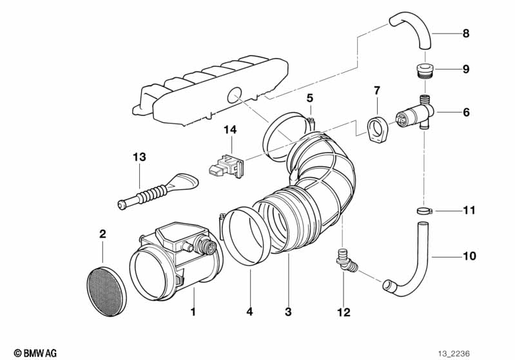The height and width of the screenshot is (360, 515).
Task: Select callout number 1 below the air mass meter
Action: click(x=193, y=312)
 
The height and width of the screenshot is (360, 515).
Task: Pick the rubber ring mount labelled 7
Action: click(x=377, y=129)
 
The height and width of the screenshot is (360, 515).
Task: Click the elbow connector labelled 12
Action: click(x=345, y=261)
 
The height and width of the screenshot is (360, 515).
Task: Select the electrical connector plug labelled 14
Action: click(x=226, y=166)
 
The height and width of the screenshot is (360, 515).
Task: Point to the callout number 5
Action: click(x=310, y=99)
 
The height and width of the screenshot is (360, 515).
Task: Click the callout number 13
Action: click(x=140, y=157)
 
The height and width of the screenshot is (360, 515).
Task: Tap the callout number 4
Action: click(x=250, y=312)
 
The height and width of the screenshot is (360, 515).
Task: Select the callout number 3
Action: click(x=288, y=312)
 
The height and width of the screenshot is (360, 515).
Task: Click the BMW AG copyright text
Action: click(x=35, y=353)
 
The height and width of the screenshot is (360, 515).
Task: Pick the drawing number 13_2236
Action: click(x=454, y=354)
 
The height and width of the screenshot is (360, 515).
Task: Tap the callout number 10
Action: click(x=469, y=256)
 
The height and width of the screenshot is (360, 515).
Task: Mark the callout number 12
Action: click(x=344, y=312)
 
